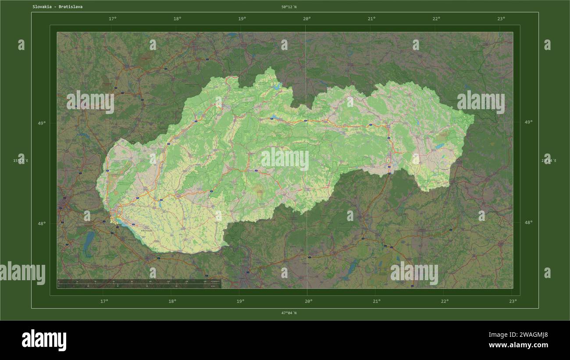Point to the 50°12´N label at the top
click(x=289, y=7)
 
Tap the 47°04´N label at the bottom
click(x=289, y=313)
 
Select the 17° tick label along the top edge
click(x=112, y=19)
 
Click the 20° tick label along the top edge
click(x=307, y=19)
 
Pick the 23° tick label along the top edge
click(x=501, y=19)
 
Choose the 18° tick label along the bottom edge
click(x=172, y=301)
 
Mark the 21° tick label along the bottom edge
click(x=377, y=301)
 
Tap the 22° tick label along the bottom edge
click(x=445, y=301)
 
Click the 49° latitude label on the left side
click(x=41, y=123)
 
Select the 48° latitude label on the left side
click(x=41, y=223)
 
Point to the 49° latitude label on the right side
click(x=528, y=122)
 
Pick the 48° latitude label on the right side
click(x=528, y=222)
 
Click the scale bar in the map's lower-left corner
click(x=139, y=284)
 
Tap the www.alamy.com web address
click(x=518, y=345)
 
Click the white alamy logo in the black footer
click(x=44, y=340)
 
